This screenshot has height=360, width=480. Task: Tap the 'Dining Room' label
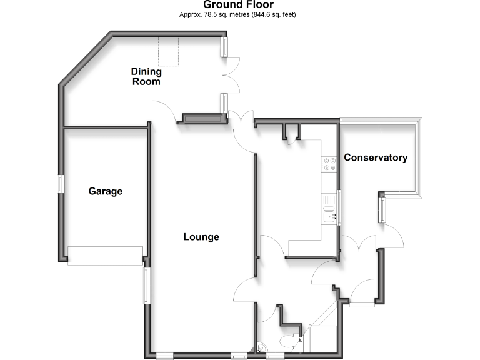(146, 76)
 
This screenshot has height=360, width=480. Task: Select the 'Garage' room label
(105, 191)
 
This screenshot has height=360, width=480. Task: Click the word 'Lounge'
(201, 237)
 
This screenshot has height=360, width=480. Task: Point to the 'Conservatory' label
(376, 157)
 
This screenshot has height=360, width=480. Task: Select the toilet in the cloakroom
(288, 342)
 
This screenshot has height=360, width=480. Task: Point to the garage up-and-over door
(105, 256)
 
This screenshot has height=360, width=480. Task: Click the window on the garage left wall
(61, 184)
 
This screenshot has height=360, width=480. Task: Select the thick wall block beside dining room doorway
(201, 118)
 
